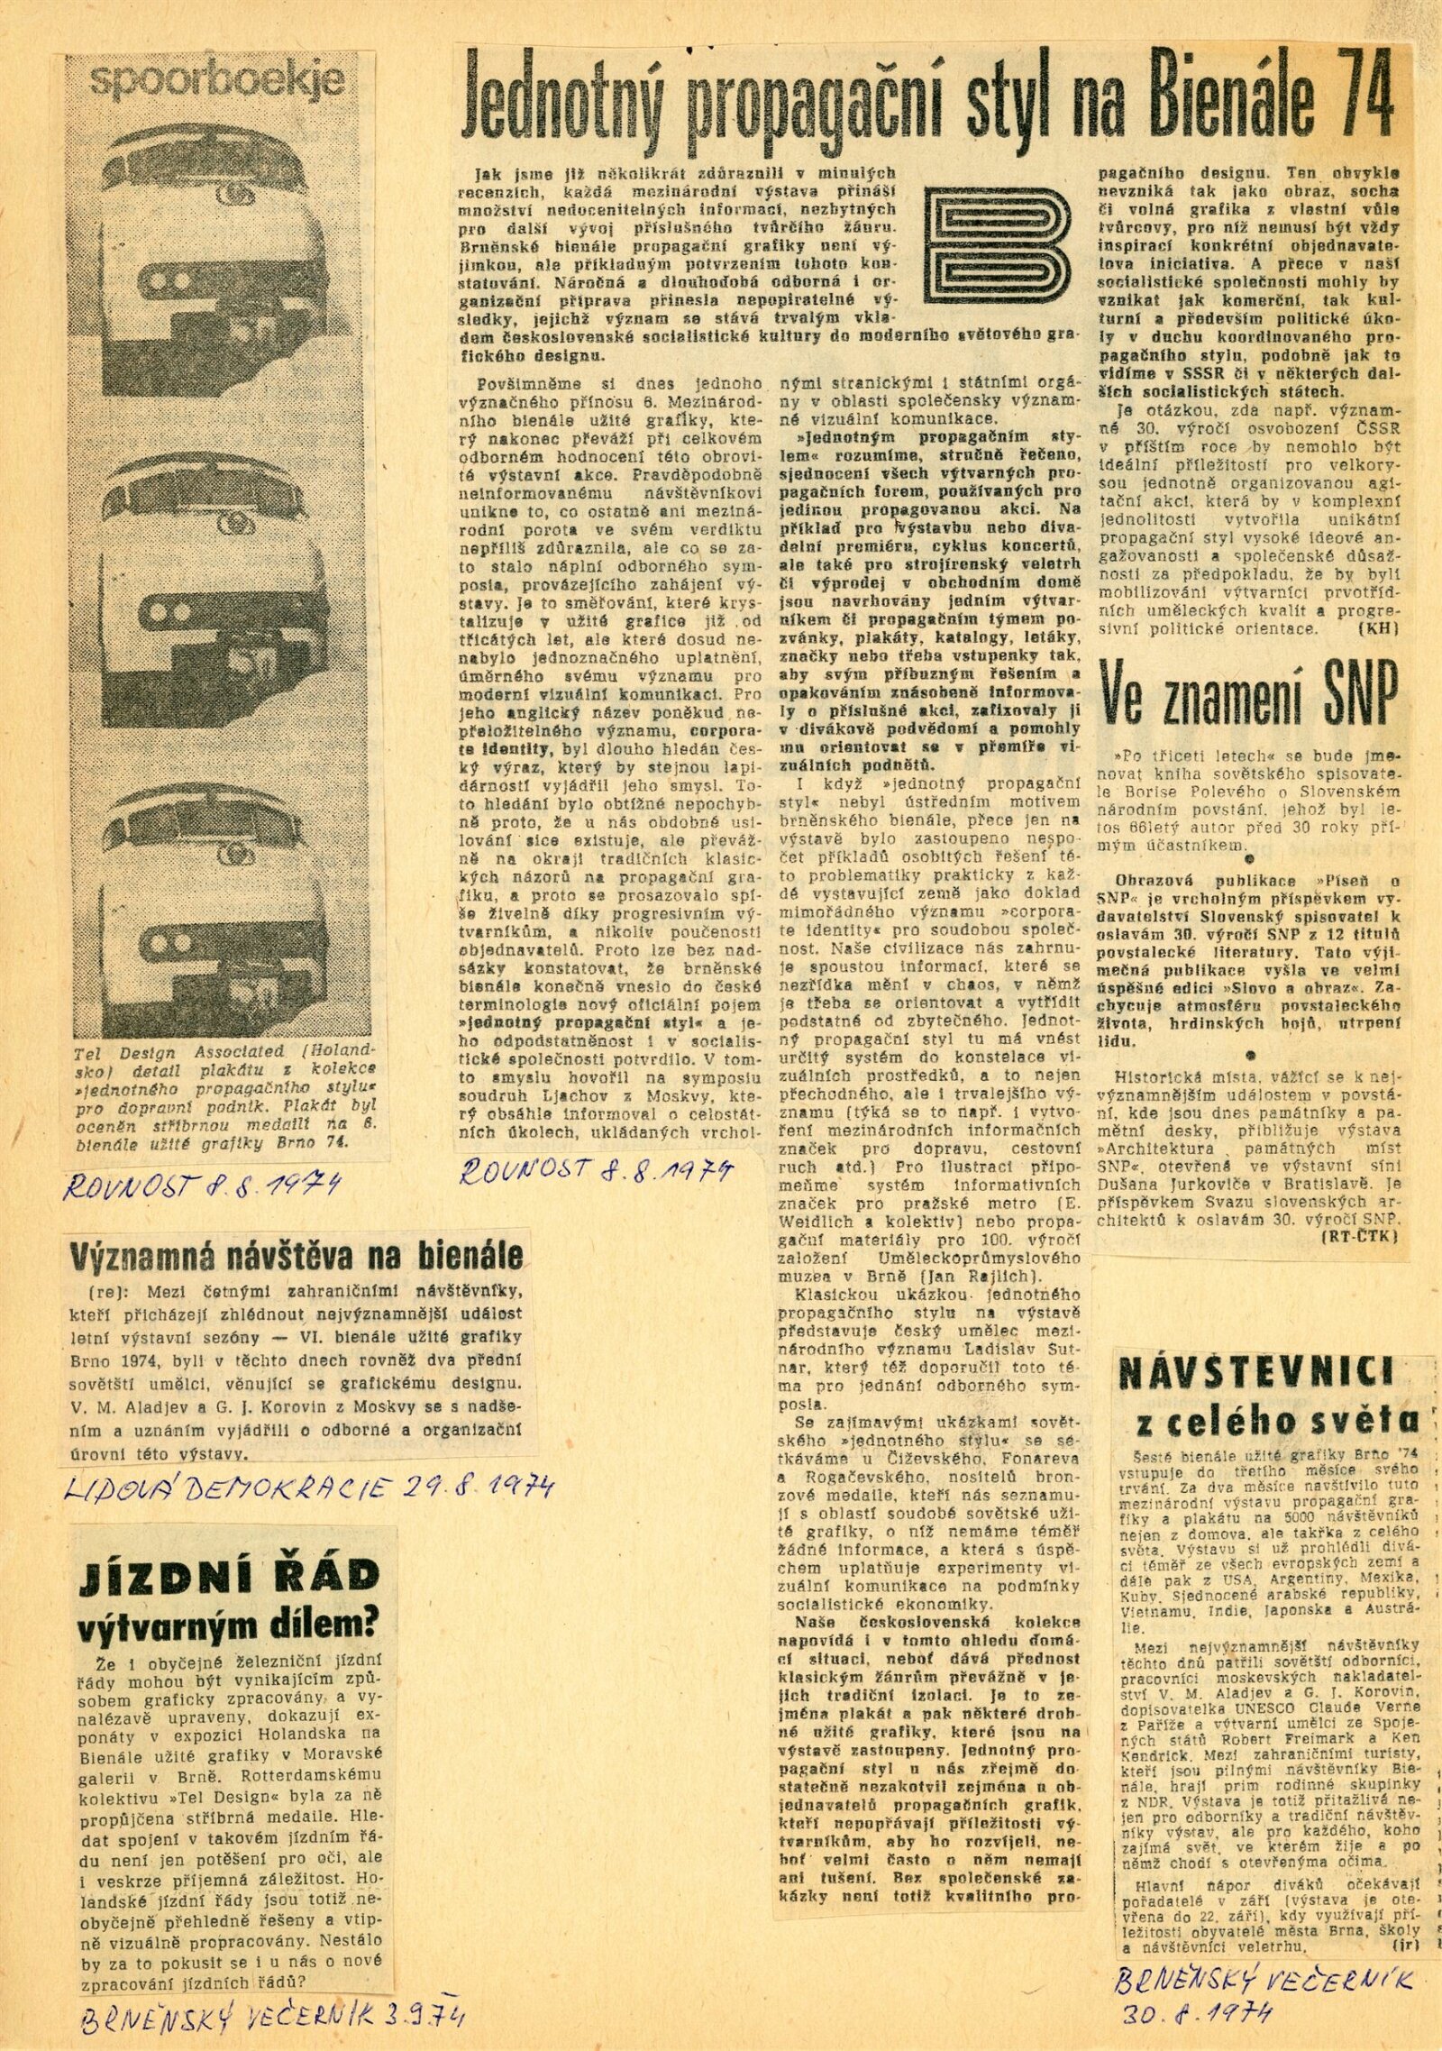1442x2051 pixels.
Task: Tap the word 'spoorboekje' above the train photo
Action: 216,84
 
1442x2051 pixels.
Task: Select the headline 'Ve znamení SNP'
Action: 1248,690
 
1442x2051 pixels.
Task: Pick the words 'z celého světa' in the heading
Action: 1278,1422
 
